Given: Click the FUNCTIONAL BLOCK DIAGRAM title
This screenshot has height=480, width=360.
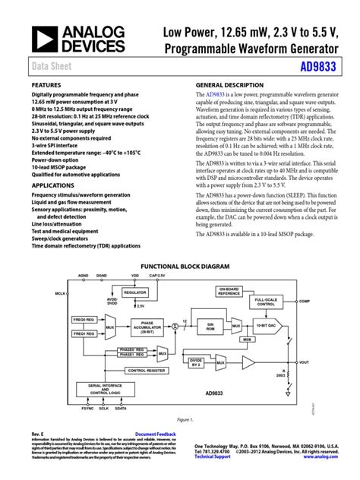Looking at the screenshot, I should [180, 268].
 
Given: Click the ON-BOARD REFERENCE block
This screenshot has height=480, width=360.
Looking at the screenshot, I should [230, 291].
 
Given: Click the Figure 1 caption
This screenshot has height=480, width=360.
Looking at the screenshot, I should [180, 418].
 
